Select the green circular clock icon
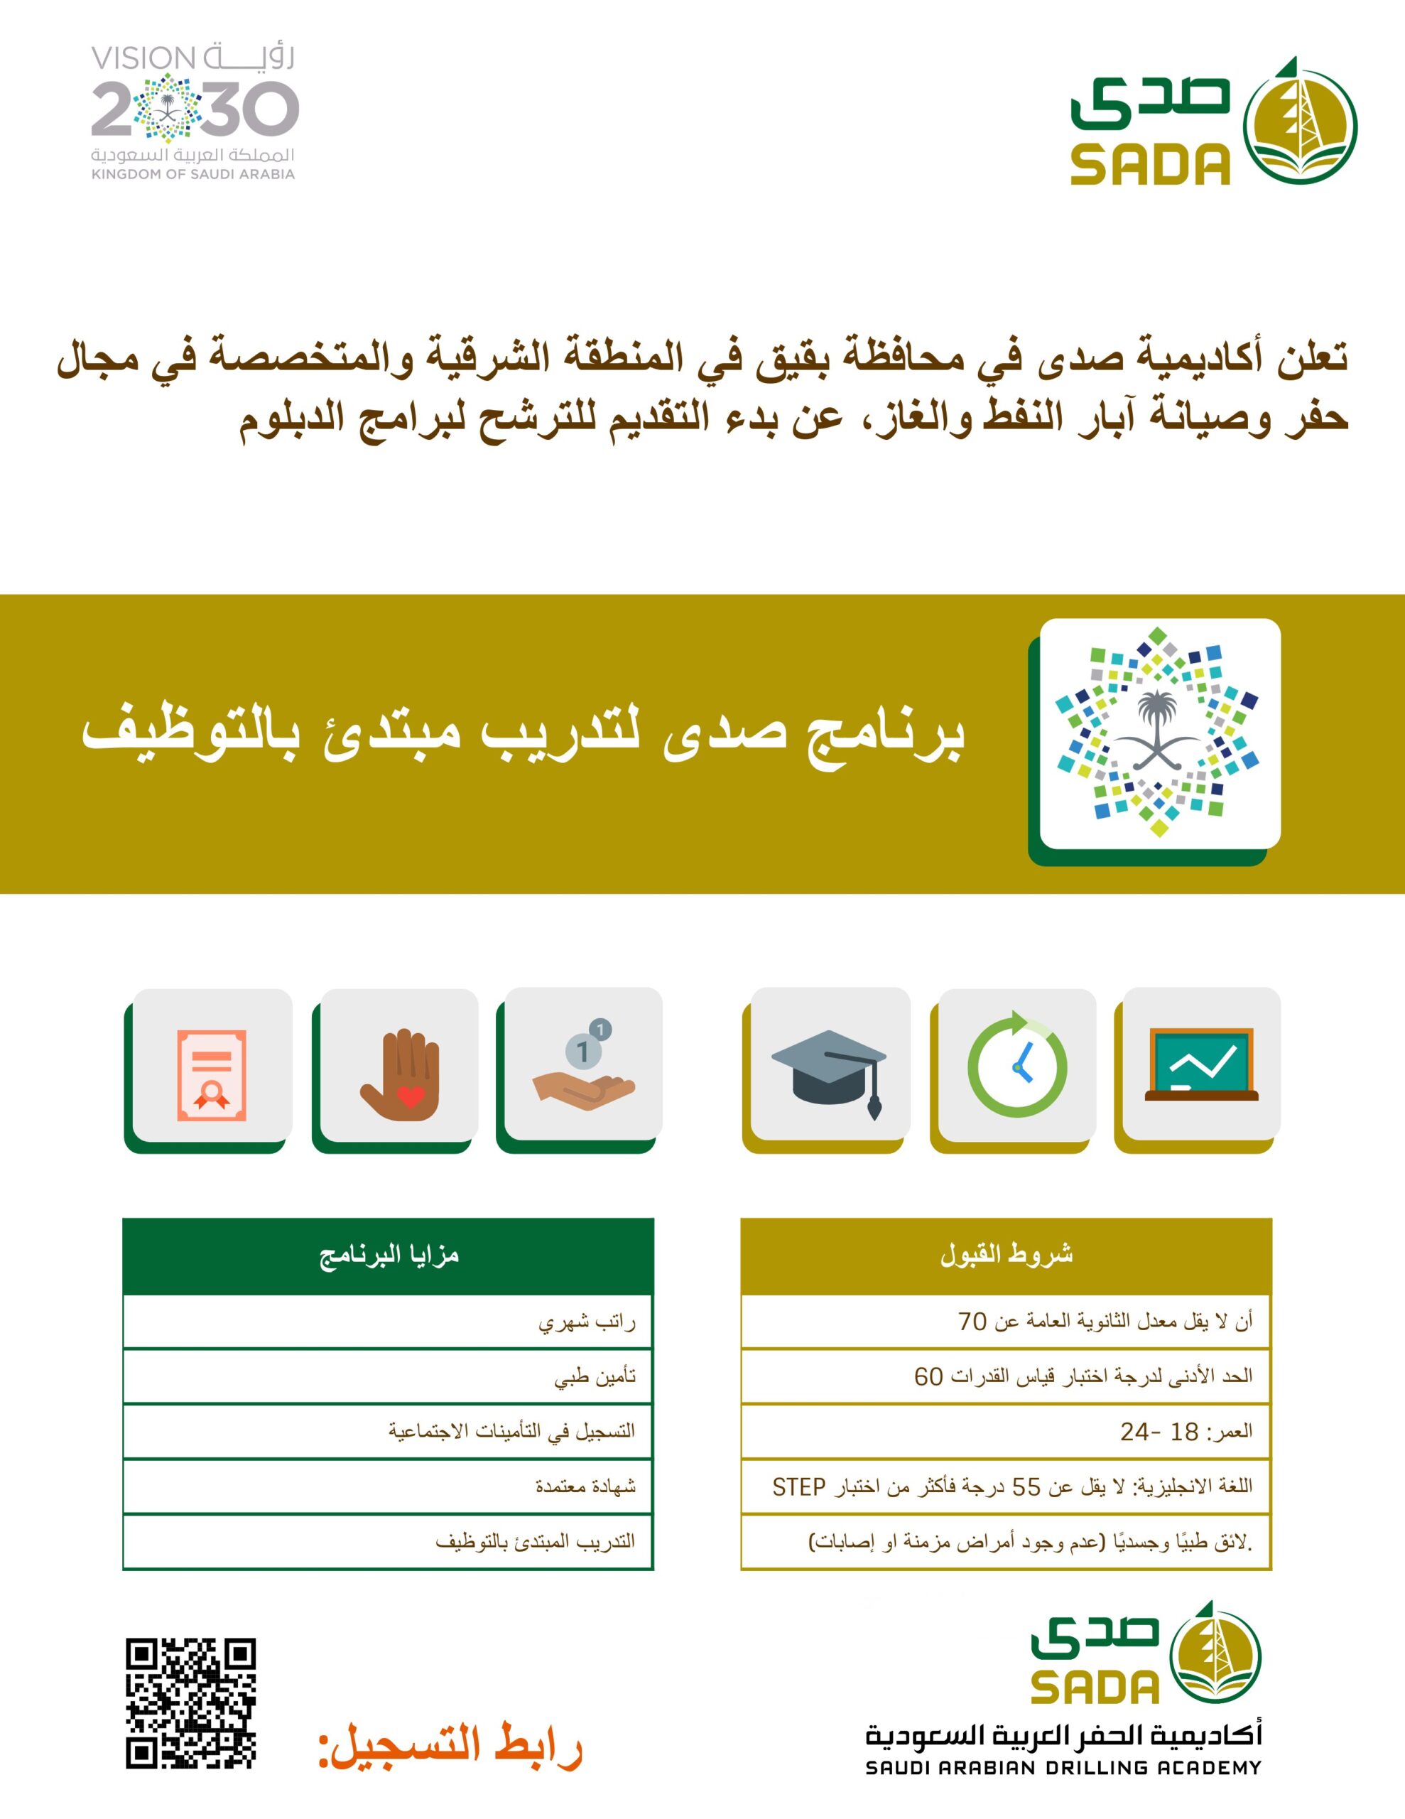[1017, 1065]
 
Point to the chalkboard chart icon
[1201, 1064]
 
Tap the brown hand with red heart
[400, 1074]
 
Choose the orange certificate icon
[212, 1075]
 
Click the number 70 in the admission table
[972, 1322]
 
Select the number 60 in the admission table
[928, 1377]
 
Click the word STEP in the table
[798, 1486]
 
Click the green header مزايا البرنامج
[388, 1255]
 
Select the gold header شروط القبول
[1006, 1255]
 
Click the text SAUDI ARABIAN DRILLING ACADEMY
[1063, 1767]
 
